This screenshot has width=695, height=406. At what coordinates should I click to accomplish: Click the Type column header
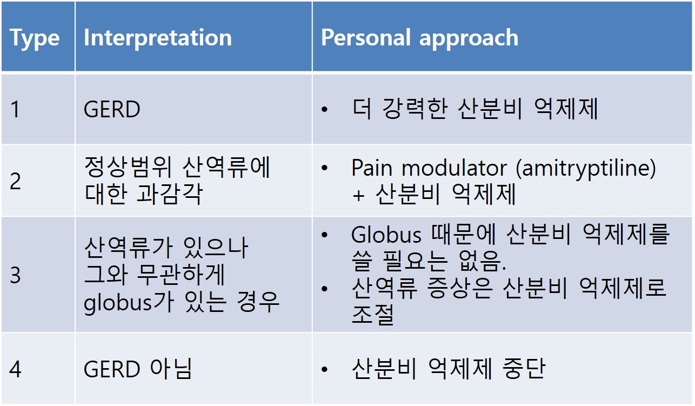(35, 38)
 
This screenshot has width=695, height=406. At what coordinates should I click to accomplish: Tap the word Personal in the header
(366, 37)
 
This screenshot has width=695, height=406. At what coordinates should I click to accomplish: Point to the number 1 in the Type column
(15, 109)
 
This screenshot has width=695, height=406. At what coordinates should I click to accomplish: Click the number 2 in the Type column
(15, 181)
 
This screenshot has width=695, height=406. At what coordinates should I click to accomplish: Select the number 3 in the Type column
(15, 275)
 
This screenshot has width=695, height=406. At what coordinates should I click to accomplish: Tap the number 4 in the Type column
(15, 369)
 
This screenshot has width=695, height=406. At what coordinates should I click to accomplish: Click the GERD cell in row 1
(112, 109)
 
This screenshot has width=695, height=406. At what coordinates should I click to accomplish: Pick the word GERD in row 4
(112, 369)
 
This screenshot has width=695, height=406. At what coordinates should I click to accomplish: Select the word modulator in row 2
(454, 168)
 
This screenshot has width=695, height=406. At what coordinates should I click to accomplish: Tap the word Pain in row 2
(372, 168)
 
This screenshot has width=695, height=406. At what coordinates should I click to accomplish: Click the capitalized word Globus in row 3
(386, 235)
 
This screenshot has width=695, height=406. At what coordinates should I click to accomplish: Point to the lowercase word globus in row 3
(118, 303)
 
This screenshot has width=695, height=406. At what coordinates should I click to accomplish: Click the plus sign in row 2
(358, 196)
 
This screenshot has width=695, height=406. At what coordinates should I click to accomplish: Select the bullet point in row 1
(325, 109)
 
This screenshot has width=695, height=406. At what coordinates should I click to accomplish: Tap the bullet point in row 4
(325, 369)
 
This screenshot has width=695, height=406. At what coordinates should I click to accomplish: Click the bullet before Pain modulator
(325, 168)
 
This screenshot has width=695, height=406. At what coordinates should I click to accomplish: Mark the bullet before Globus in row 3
(325, 235)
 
